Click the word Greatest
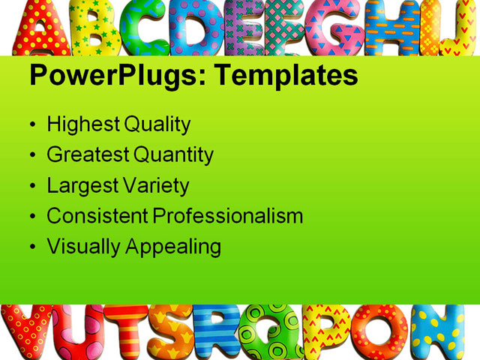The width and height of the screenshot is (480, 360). (x=88, y=155)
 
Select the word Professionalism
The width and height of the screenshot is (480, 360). (x=228, y=216)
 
